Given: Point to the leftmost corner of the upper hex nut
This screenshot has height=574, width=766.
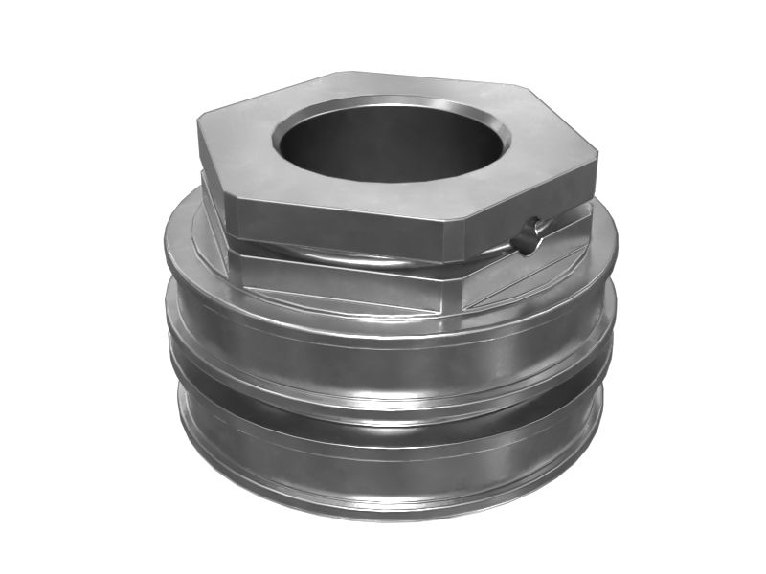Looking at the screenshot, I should point(197,122).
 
